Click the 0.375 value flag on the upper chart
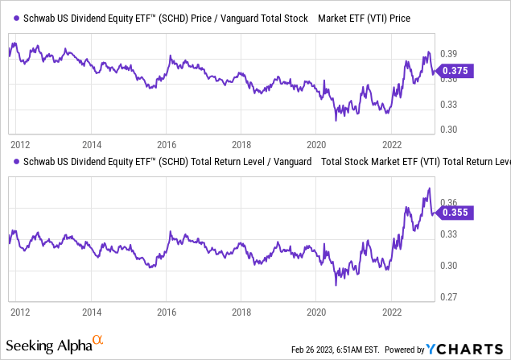click(455, 70)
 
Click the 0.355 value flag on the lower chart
click(455, 213)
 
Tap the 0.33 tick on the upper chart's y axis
click(447, 103)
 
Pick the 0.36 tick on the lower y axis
click(447, 202)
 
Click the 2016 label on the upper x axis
click(167, 144)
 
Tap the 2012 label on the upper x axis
click(20, 144)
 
